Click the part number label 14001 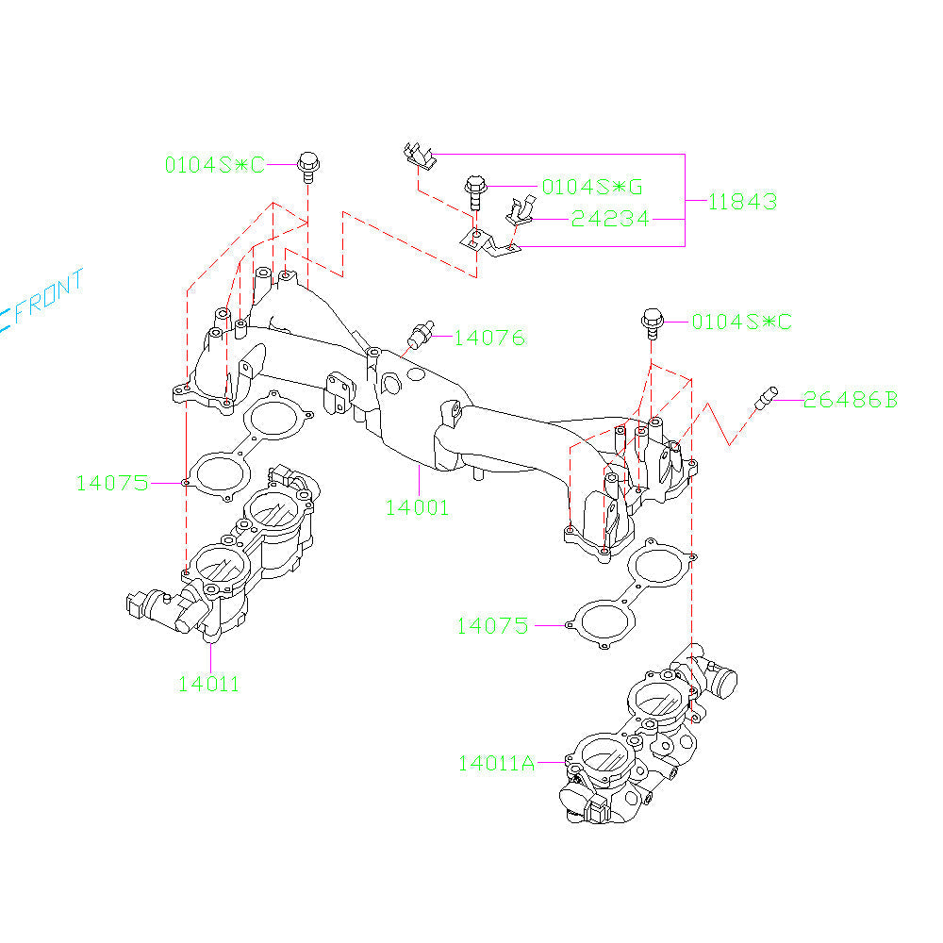pyautogui.click(x=417, y=506)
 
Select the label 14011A pyautogui.click(x=496, y=763)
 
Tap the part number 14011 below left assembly pyautogui.click(x=208, y=684)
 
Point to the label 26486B pyautogui.click(x=851, y=400)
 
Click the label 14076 pyautogui.click(x=489, y=337)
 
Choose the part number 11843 pyautogui.click(x=743, y=201)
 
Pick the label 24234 pyautogui.click(x=609, y=219)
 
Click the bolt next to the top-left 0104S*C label pyautogui.click(x=308, y=165)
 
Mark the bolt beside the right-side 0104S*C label pyautogui.click(x=652, y=323)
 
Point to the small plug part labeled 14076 pyautogui.click(x=422, y=332)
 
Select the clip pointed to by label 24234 pyautogui.click(x=520, y=212)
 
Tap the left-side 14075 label pyautogui.click(x=112, y=483)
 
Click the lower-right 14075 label pyautogui.click(x=492, y=625)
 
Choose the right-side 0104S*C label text pyautogui.click(x=741, y=323)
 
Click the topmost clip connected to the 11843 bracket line pyautogui.click(x=418, y=156)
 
